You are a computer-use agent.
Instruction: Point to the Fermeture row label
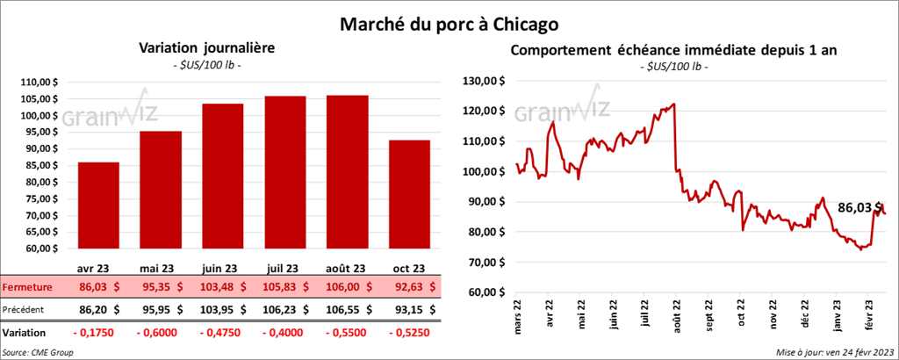[x=27, y=287]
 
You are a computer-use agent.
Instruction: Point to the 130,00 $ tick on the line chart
[x=485, y=81]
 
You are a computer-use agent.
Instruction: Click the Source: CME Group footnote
[x=38, y=351]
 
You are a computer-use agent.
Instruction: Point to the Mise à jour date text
[x=833, y=351]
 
